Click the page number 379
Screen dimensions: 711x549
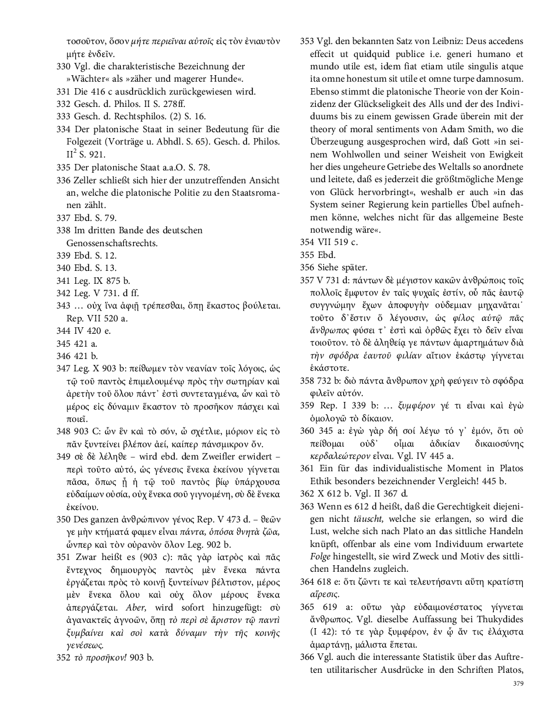point(517,683)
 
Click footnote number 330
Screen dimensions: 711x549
point(63,66)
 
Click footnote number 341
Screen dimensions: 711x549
point(63,280)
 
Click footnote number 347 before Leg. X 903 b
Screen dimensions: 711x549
point(63,368)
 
